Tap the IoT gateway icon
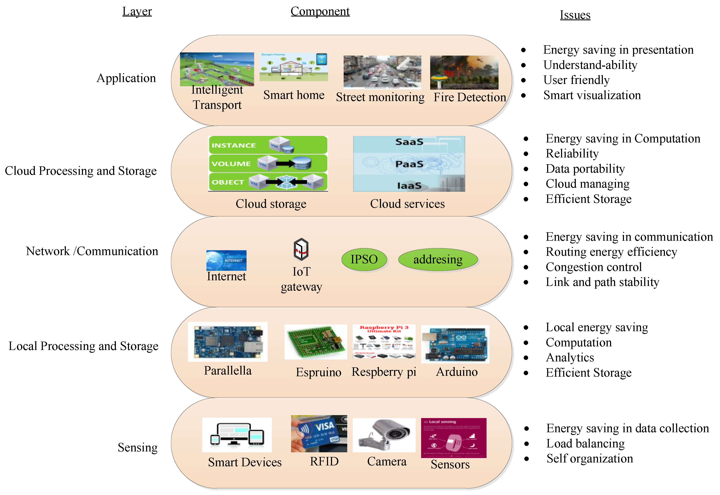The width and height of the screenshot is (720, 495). pyautogui.click(x=301, y=249)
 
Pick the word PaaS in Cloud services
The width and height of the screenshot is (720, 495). pyautogui.click(x=409, y=164)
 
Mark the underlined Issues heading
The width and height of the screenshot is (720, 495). pyautogui.click(x=575, y=15)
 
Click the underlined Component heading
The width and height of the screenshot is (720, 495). pyautogui.click(x=320, y=11)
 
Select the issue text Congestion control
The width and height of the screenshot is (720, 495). pyautogui.click(x=593, y=267)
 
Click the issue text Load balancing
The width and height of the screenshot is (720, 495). pyautogui.click(x=585, y=443)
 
